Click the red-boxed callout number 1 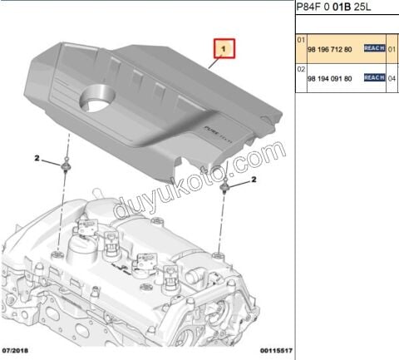pyautogui.click(x=223, y=50)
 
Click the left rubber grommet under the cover pyautogui.click(x=64, y=170)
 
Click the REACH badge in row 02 pyautogui.click(x=374, y=77)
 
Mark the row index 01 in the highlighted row pyautogui.click(x=301, y=40)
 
